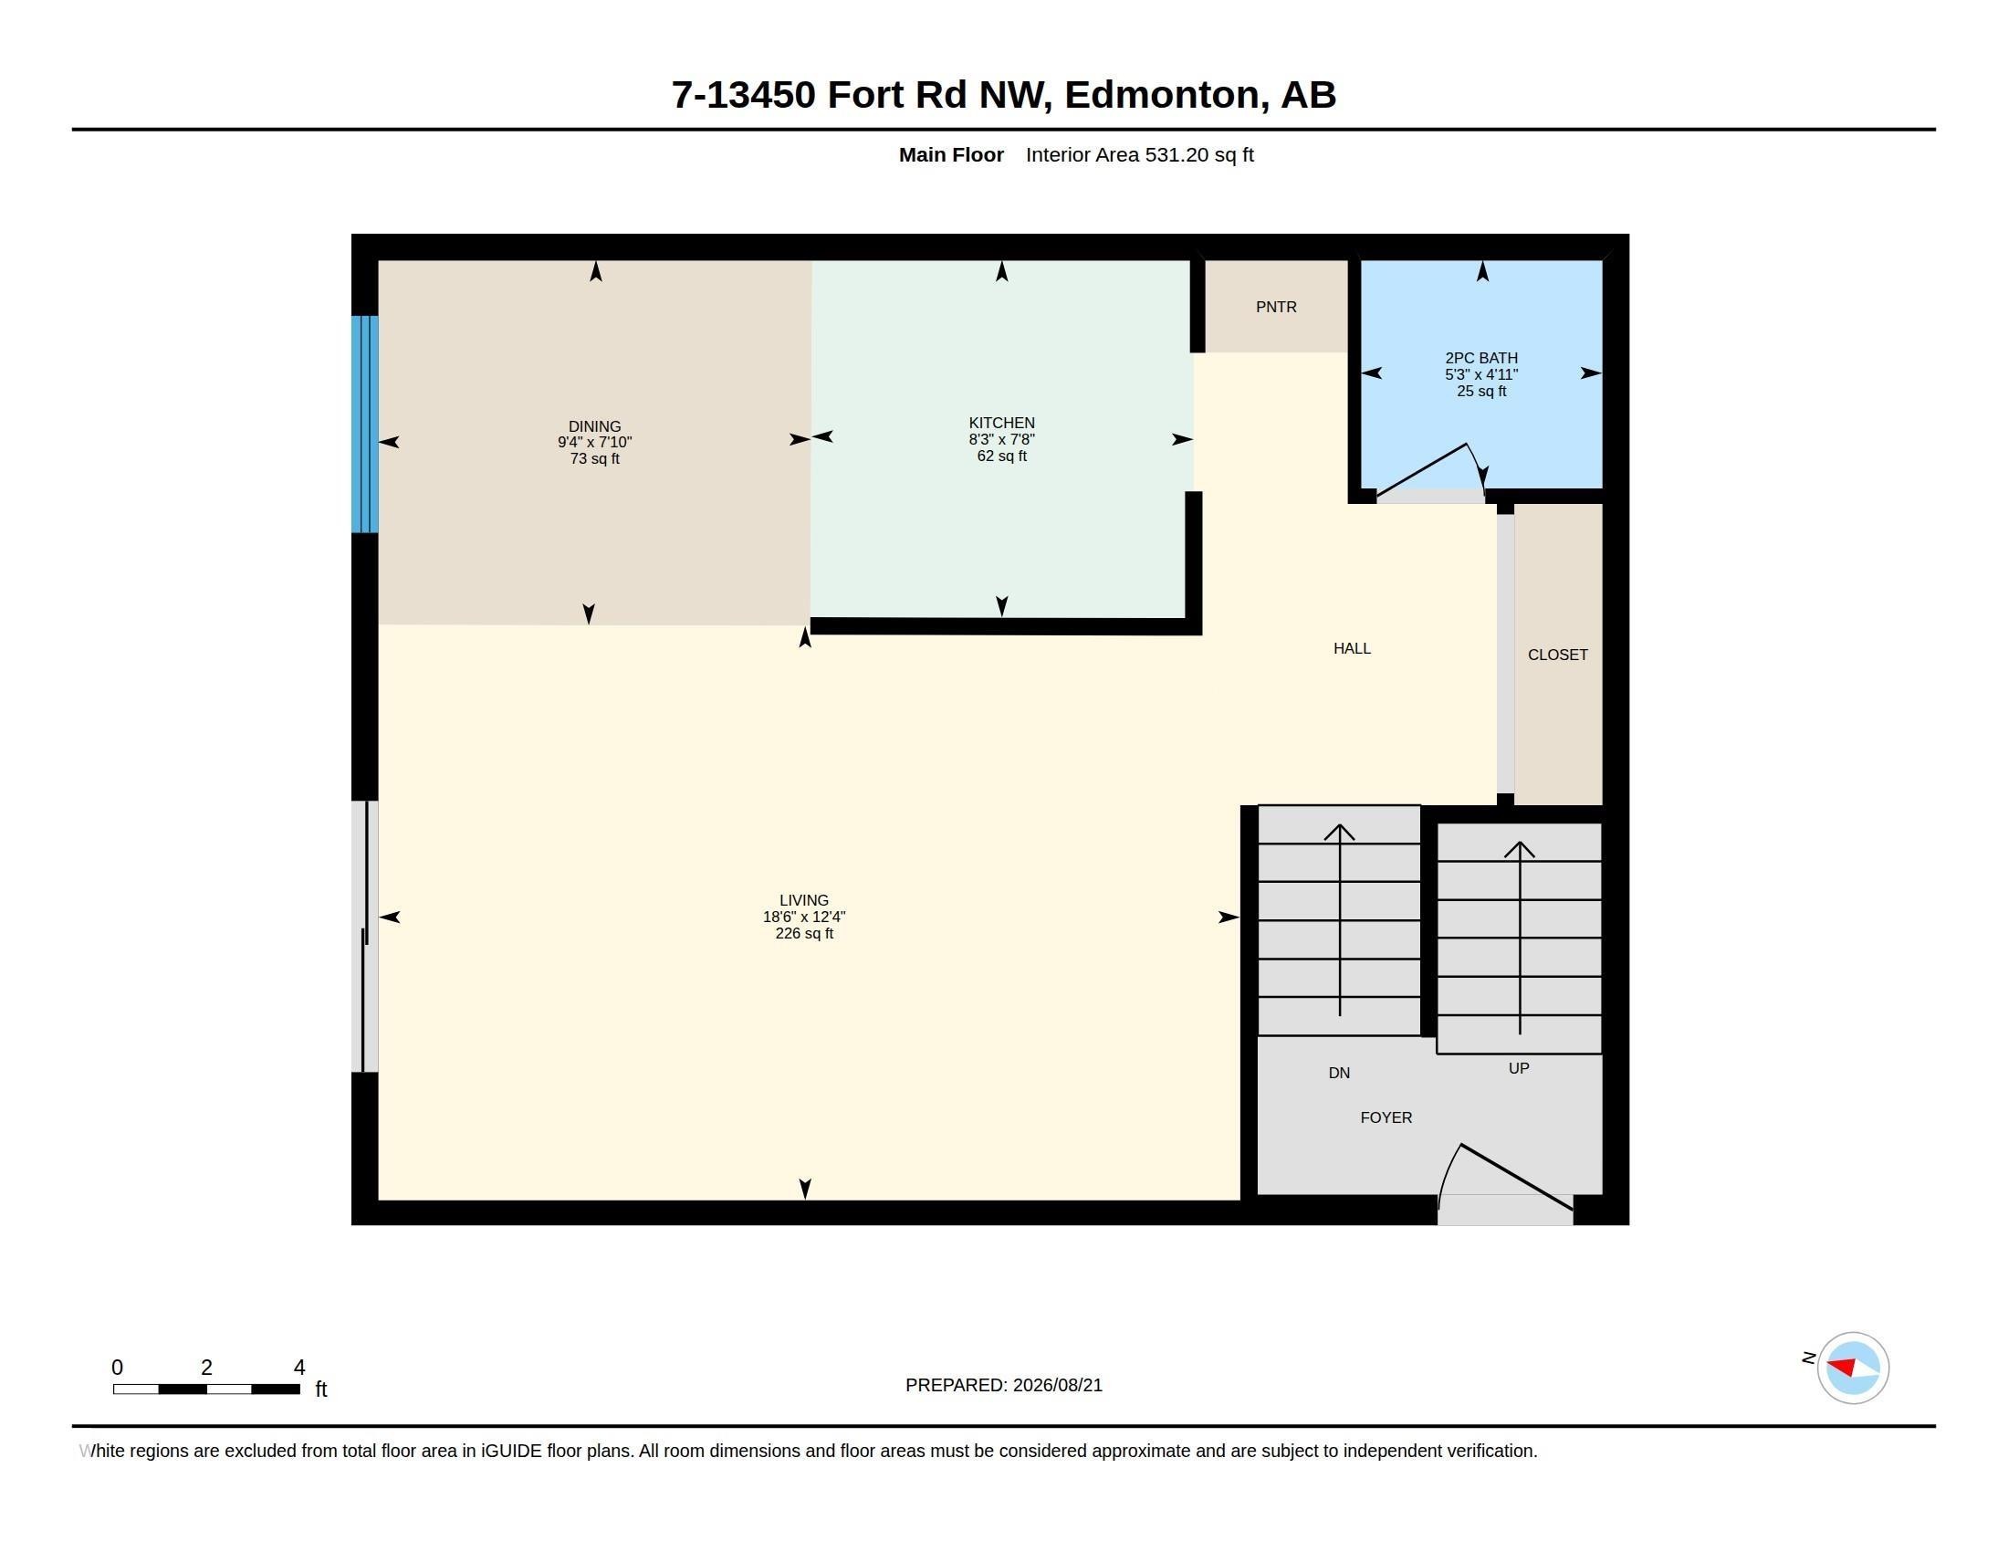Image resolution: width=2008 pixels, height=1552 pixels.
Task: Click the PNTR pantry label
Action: click(1276, 307)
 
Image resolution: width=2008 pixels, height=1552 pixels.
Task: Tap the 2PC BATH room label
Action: click(1481, 358)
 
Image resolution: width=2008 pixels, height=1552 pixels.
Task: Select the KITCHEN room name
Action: click(1001, 423)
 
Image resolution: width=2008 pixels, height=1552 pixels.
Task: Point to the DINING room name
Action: click(595, 426)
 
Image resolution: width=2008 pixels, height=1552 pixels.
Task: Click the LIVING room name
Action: click(803, 900)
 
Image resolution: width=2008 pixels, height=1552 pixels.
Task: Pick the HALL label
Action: click(1352, 648)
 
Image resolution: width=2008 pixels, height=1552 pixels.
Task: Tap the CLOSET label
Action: click(1557, 655)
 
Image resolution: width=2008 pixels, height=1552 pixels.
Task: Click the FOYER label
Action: click(1386, 1117)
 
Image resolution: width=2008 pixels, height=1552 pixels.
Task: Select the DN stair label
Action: click(1339, 1073)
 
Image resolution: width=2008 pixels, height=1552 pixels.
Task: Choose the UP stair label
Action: click(1519, 1068)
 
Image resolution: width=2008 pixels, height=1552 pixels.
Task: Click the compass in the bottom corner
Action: click(1852, 1368)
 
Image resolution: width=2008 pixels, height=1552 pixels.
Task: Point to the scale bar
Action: click(206, 1389)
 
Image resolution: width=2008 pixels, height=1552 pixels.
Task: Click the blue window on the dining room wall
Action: click(365, 424)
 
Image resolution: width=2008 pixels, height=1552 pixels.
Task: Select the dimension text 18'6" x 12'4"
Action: click(803, 917)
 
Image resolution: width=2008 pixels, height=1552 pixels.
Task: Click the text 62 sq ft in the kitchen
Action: click(1001, 456)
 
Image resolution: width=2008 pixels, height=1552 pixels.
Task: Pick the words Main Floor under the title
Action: click(951, 154)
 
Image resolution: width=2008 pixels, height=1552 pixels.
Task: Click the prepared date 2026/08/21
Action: click(1057, 1385)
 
